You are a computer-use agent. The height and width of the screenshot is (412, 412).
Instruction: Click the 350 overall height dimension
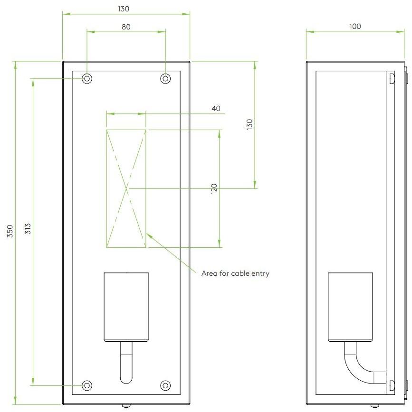pos(10,231)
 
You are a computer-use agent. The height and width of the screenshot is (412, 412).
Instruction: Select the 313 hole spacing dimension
pos(28,231)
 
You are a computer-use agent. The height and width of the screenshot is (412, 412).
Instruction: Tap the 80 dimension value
pos(126,27)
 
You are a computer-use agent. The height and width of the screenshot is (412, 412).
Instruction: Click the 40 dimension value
pos(216,109)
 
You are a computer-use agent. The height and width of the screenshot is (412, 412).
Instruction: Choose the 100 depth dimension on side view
pos(355,27)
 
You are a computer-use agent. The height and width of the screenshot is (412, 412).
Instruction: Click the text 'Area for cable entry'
pos(235,273)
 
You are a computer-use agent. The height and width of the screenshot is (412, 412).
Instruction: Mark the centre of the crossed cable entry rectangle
pos(126,188)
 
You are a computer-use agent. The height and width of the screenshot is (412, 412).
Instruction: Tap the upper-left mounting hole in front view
pos(87,78)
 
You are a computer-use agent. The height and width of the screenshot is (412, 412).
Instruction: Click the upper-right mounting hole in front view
pos(165,78)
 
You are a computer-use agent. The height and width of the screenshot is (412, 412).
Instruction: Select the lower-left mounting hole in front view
pos(87,385)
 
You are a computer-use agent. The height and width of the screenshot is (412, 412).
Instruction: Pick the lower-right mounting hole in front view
pos(165,385)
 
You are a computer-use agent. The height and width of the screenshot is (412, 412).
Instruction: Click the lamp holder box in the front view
pos(126,306)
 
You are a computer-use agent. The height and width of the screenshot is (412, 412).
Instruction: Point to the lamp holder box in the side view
pos(350,306)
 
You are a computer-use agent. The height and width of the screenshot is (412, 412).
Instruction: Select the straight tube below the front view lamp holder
pos(126,363)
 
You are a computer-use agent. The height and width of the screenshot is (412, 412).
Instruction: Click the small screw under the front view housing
pos(126,406)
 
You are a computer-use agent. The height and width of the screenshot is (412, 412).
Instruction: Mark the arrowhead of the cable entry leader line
pos(148,234)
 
